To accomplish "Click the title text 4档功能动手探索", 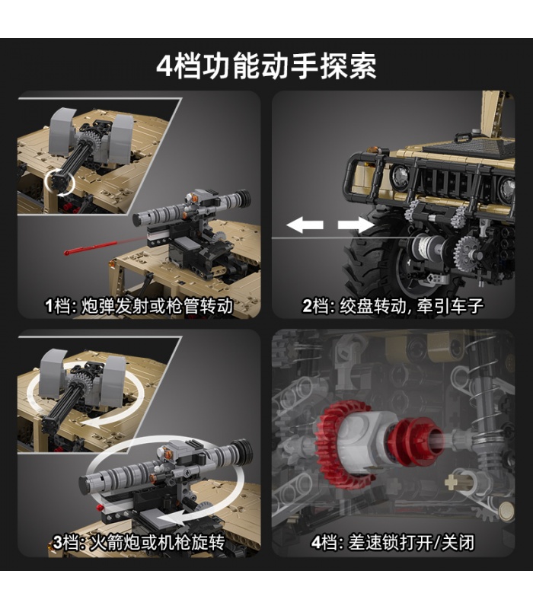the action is (x=266, y=66).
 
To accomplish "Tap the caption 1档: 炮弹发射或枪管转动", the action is (x=139, y=306).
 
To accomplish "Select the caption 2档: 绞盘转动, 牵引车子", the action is (x=393, y=306).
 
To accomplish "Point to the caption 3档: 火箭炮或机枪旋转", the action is (x=139, y=542).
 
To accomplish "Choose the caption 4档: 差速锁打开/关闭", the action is (x=393, y=542).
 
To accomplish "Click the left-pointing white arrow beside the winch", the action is (x=305, y=225).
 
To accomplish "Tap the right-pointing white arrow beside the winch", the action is (x=356, y=225).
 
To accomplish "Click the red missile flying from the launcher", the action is (x=91, y=248).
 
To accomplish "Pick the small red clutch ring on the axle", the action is (x=413, y=442).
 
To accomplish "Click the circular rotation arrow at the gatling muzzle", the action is (x=59, y=182).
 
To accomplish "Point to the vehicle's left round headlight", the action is (x=399, y=177).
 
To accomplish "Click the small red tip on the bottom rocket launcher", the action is (x=102, y=507).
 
